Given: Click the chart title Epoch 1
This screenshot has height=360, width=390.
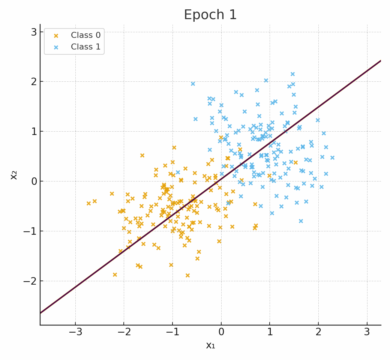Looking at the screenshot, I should [210, 15].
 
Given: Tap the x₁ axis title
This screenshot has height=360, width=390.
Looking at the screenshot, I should [210, 346].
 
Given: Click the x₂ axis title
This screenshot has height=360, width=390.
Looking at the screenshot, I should [14, 175].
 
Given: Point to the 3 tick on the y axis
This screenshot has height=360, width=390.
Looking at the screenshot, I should [34, 32].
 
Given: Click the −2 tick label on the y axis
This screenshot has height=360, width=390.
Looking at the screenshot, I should [30, 281].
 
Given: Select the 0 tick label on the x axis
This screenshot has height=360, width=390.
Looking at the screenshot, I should [221, 332].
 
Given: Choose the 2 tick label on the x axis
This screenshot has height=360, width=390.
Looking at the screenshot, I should [318, 332].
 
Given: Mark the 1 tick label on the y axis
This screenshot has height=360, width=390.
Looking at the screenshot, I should [34, 131].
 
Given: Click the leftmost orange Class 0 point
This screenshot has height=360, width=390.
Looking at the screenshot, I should [88, 203].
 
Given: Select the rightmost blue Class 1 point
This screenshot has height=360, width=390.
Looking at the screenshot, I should [332, 157].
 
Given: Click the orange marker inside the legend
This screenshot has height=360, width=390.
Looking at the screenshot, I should [56, 36].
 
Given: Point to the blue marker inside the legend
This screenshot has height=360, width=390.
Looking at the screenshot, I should [56, 47].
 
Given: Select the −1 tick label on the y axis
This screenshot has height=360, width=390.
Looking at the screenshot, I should [30, 231].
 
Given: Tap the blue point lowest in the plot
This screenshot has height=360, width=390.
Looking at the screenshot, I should [301, 221].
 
